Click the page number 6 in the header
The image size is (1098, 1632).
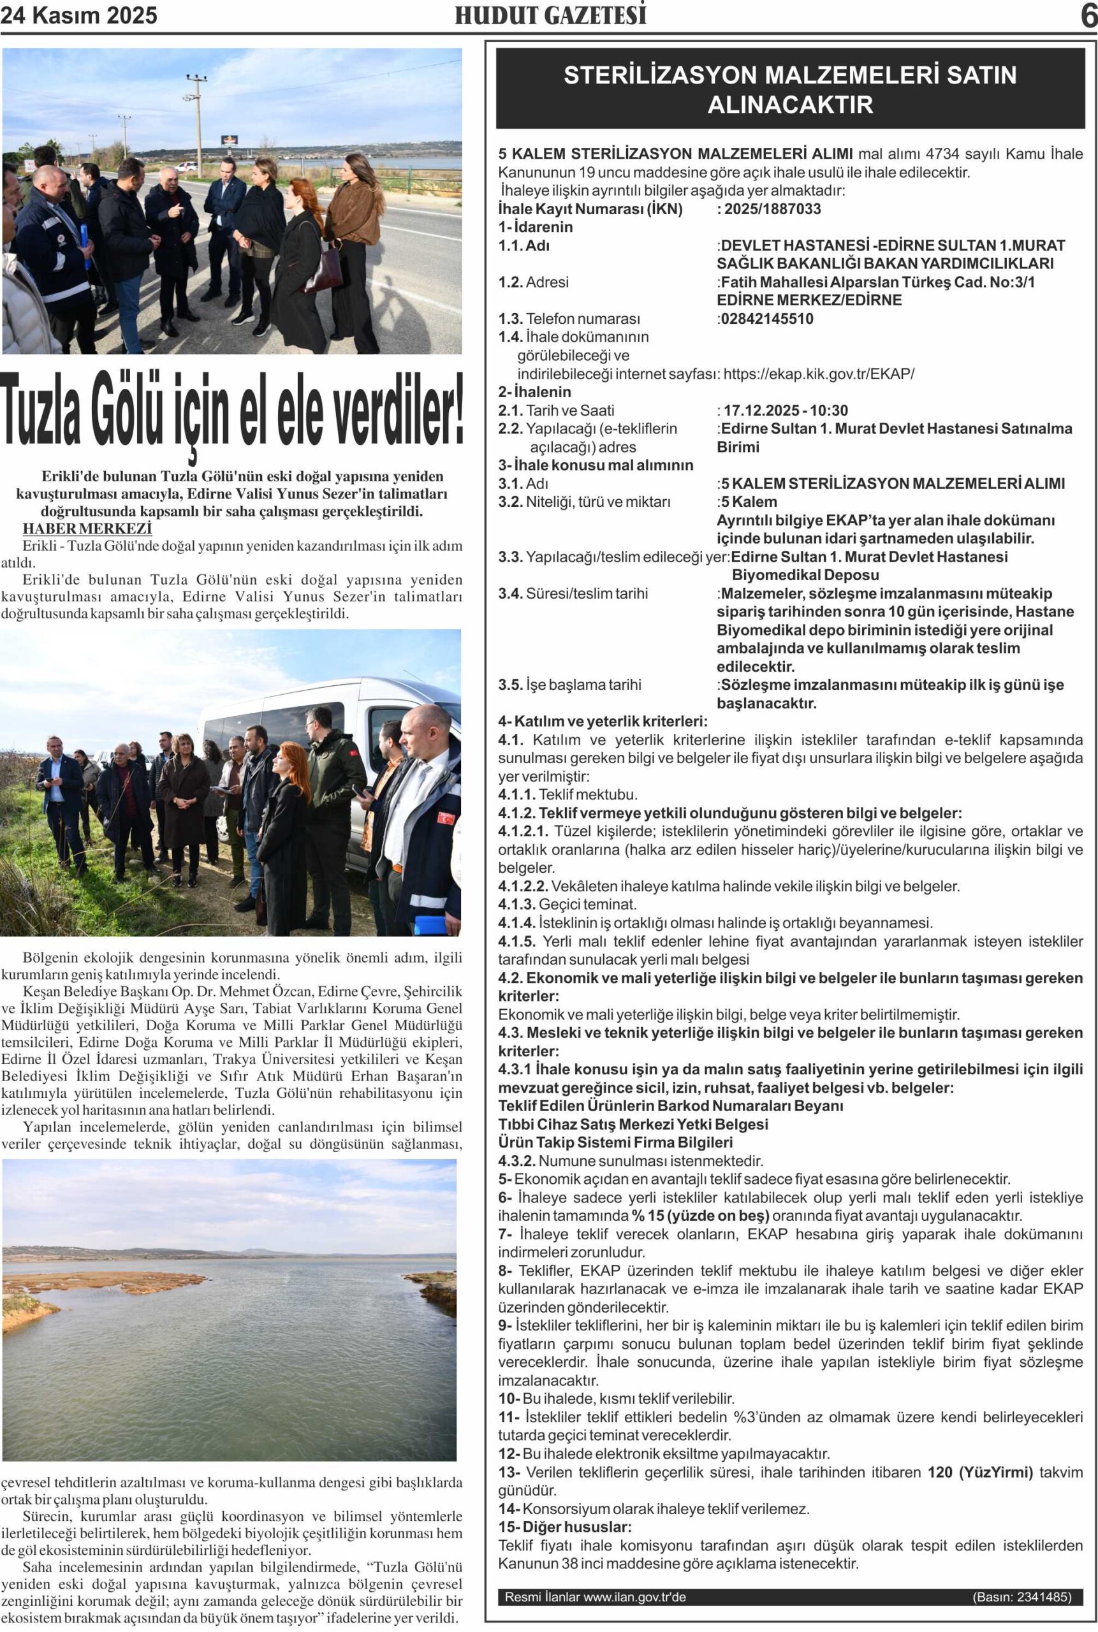tap(1088, 15)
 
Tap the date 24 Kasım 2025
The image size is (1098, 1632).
tap(78, 15)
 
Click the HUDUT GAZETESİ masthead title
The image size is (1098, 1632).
tap(550, 15)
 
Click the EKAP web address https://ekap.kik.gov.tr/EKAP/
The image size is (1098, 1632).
tap(819, 374)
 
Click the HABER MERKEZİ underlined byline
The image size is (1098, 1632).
tap(87, 528)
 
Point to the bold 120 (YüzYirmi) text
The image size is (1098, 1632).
tap(979, 1473)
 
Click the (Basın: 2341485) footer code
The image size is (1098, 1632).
tap(1021, 1597)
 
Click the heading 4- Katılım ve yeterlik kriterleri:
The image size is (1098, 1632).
tap(602, 721)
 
